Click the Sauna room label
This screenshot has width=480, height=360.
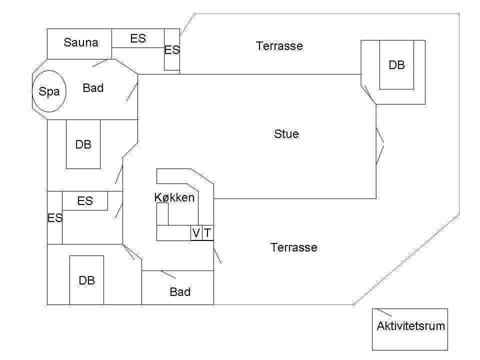81,42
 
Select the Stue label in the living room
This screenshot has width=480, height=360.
286,134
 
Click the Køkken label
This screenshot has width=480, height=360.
174,197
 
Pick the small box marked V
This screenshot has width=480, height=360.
196,233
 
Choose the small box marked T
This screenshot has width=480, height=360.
208,233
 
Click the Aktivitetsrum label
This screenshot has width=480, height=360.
411,326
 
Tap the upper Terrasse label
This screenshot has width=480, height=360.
279,46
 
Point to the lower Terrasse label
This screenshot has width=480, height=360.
293,247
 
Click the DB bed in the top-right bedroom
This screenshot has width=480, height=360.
396,65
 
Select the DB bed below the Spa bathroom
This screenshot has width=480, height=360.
83,144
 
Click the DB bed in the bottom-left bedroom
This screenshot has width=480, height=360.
86,280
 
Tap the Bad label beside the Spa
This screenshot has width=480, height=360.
93,88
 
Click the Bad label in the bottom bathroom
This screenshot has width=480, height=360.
180,292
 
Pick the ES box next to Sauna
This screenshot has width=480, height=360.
138,38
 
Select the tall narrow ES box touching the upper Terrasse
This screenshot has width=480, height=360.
171,49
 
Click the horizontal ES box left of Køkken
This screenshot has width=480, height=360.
85,201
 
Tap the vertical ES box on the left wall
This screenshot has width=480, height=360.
55,217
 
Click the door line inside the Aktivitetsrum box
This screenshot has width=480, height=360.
384,312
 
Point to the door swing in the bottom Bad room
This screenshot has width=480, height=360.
168,274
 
